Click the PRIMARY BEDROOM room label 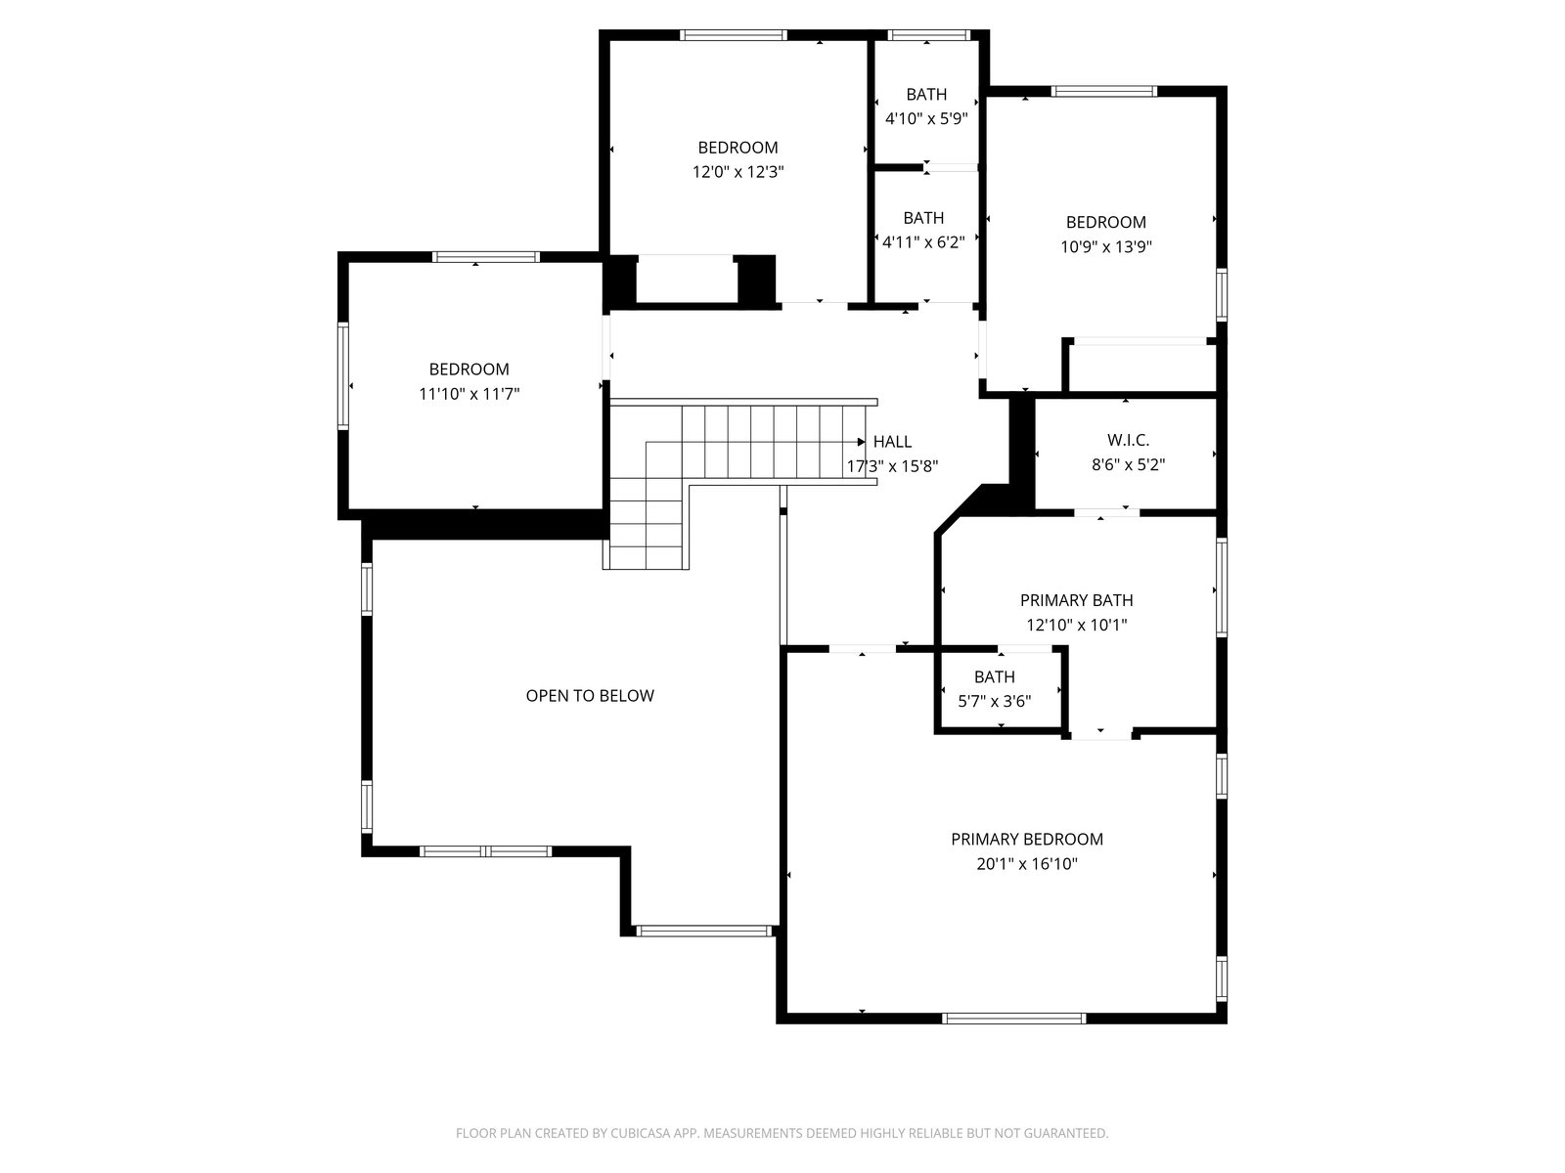[x=1027, y=839]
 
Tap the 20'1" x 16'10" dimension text [x=1027, y=864]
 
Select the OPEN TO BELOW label [x=590, y=696]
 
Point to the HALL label [x=892, y=442]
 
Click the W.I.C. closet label [x=1128, y=440]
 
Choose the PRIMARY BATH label [x=1077, y=600]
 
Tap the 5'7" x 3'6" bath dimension [x=995, y=702]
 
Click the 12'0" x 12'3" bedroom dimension [x=738, y=172]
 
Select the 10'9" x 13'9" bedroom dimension [x=1106, y=247]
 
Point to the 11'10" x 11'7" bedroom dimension [x=469, y=394]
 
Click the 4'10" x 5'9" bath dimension [x=926, y=118]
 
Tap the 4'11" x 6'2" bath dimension [x=923, y=242]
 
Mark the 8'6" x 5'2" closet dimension [x=1128, y=465]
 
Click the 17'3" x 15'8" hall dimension [x=892, y=466]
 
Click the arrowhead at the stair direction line [x=862, y=442]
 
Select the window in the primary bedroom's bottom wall [x=1013, y=1019]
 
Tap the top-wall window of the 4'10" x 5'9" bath [x=928, y=35]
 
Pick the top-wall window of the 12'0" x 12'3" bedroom [x=733, y=35]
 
